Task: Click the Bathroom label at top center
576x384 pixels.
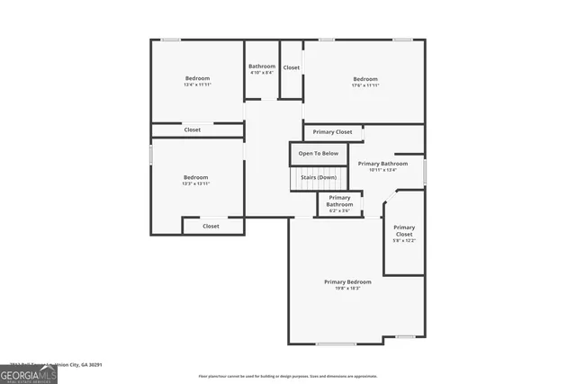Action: click(262, 66)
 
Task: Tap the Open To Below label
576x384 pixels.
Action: click(319, 153)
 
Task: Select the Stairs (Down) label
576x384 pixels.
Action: click(319, 177)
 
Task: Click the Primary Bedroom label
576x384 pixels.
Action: click(347, 281)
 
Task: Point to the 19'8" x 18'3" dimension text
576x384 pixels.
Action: click(347, 289)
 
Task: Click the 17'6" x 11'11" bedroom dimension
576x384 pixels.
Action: click(365, 85)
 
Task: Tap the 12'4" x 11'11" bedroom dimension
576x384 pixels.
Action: click(197, 85)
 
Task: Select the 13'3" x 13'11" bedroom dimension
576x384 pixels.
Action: click(196, 183)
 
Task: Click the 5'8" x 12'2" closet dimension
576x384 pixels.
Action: click(404, 240)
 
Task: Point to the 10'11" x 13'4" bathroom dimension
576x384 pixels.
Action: click(382, 170)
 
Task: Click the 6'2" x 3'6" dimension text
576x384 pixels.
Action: click(339, 210)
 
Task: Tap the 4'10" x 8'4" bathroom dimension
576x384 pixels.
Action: click(262, 73)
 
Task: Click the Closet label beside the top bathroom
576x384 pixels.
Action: click(292, 67)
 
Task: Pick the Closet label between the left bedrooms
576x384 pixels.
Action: click(193, 129)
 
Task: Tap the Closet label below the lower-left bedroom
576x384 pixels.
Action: click(211, 226)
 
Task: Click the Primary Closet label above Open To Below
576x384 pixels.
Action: click(332, 132)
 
